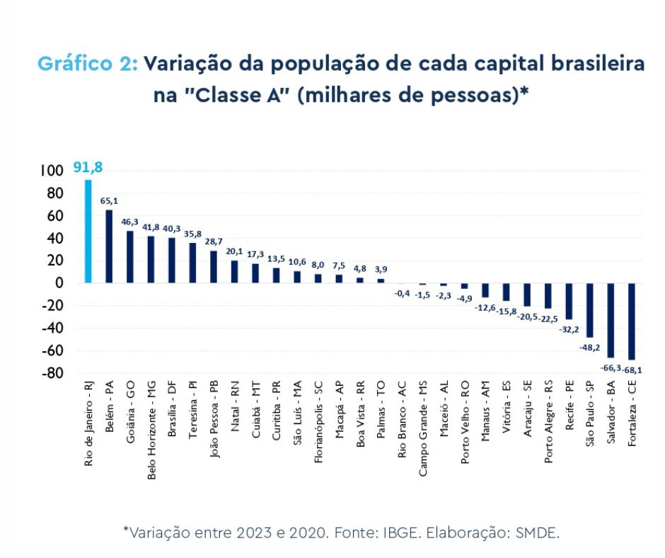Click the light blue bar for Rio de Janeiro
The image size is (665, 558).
(88, 231)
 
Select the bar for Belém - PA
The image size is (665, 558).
(109, 246)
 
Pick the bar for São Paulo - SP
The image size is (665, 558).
(589, 309)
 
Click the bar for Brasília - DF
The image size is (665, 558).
(172, 260)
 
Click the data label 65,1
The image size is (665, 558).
(109, 201)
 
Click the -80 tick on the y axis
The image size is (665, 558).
(53, 373)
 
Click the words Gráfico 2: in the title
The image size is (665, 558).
(87, 64)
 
